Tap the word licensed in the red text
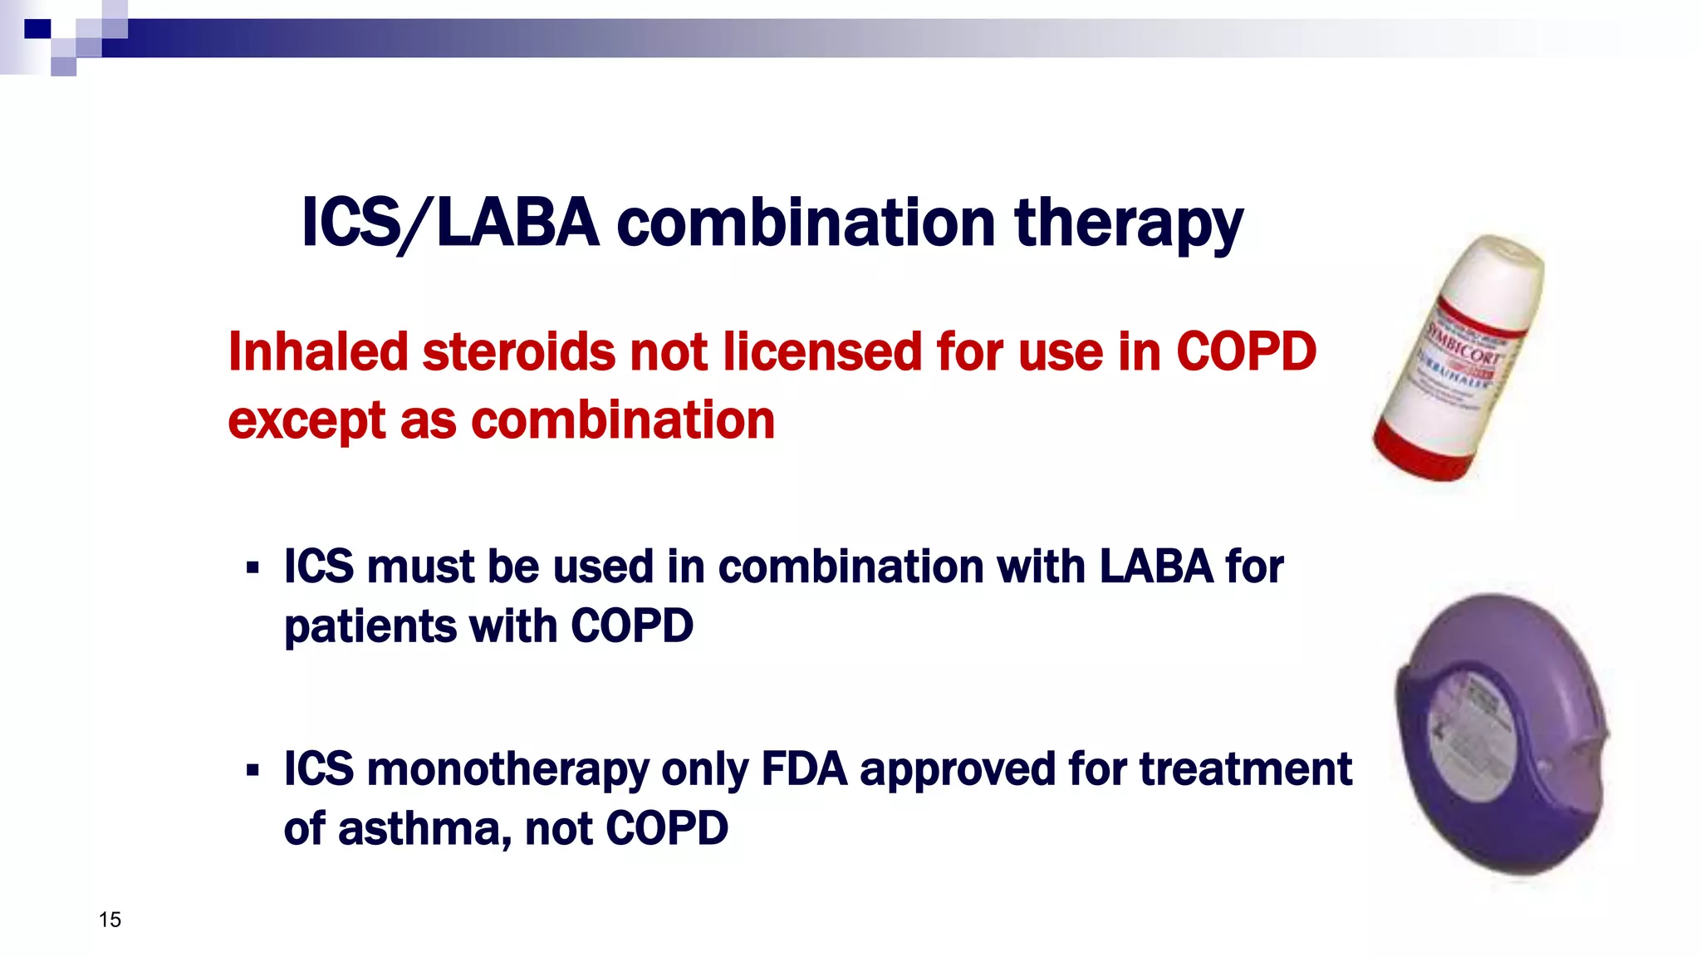pos(822,351)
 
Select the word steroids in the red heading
pos(518,351)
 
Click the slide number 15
pos(110,920)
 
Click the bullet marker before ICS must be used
pos(252,569)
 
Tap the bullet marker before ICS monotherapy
pos(252,771)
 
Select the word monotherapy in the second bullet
pos(507,770)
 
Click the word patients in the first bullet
pos(369,626)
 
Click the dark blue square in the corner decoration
pos(37,29)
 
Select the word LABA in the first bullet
pos(1156,567)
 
